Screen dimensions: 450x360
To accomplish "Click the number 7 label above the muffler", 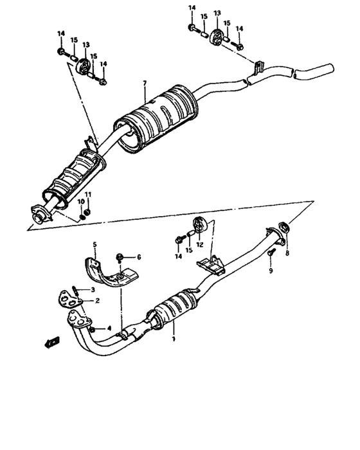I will click(145, 84).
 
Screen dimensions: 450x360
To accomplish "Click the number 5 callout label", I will click(94, 244).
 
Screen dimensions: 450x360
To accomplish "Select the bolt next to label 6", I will click(120, 258).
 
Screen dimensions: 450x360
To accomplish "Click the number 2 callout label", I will click(97, 300).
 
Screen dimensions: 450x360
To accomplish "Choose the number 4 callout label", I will click(109, 328).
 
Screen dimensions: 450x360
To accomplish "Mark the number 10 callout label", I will click(82, 202).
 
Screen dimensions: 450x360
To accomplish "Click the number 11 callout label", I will click(88, 195).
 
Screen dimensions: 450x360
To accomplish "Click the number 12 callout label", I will click(200, 244).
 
